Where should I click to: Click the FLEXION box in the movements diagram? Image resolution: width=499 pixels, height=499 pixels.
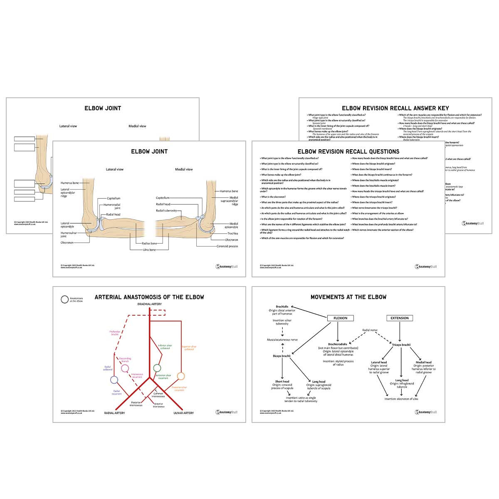tap(340, 318)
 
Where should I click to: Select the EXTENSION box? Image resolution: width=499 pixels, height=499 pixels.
tap(400, 318)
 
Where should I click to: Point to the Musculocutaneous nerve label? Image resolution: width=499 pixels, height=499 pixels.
tap(282, 340)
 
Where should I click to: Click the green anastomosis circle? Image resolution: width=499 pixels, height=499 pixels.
tap(157, 368)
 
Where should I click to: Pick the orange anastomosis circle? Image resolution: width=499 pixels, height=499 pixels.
tap(180, 376)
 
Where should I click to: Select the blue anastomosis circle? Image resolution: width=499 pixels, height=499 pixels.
tap(114, 380)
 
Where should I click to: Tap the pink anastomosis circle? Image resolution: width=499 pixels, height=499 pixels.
tap(125, 368)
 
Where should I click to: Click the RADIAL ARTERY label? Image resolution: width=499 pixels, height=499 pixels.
tap(114, 413)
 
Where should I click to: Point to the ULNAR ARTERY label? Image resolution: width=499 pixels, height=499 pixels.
tap(183, 413)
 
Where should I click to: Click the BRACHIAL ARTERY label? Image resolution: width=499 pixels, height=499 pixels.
tap(149, 304)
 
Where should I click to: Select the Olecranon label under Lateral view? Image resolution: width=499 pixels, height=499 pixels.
tap(67, 242)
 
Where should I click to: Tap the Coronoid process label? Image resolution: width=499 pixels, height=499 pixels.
tap(227, 246)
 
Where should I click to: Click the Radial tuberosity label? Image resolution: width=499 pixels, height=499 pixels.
tap(166, 211)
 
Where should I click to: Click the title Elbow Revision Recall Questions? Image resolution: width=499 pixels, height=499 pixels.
tap(348, 151)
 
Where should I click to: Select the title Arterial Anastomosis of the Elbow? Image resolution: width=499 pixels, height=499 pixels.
tap(149, 297)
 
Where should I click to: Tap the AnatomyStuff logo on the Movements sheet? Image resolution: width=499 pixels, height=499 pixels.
tap(426, 412)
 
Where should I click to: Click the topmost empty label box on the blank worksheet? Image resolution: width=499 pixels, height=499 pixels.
tap(25, 139)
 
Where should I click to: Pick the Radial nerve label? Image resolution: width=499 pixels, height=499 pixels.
tap(370, 330)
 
